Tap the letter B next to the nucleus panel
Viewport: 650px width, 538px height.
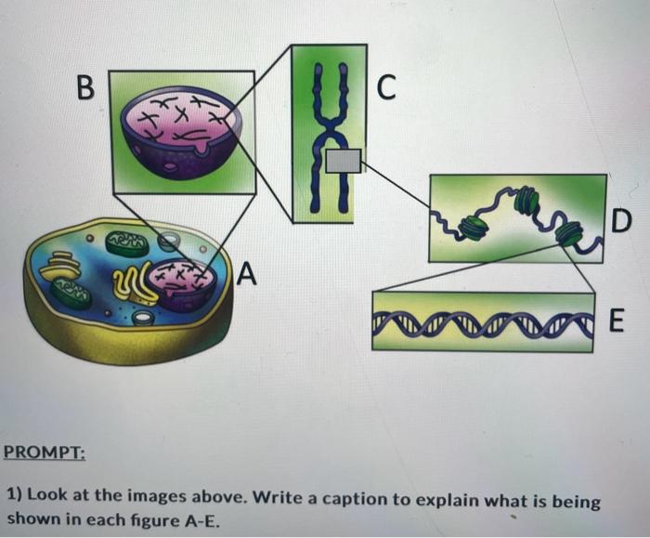point(85,90)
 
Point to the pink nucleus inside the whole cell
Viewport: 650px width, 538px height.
point(185,284)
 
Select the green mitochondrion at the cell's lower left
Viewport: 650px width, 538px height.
point(71,295)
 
